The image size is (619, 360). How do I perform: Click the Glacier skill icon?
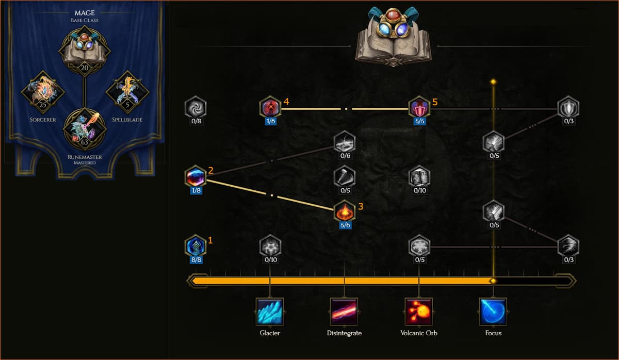coord(270,312)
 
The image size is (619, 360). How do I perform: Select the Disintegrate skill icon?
coord(344,312)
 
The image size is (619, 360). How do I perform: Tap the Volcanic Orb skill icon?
coord(419,312)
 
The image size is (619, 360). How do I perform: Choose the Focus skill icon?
coord(493,312)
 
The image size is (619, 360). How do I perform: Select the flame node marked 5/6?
coord(345,211)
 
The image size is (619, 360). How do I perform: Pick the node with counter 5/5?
coord(419,107)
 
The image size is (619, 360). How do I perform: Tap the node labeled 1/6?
coord(270,107)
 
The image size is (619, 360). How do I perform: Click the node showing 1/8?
coord(196,176)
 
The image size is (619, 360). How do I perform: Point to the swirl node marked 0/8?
coord(196,107)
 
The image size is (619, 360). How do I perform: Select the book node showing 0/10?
coord(419,176)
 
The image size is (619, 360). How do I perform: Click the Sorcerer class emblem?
coord(43,92)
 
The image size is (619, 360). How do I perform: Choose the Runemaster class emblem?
coord(84,128)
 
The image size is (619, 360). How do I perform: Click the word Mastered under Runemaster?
coord(84,162)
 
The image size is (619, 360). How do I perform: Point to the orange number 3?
coord(361,206)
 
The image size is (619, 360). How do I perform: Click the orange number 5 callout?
coord(435,102)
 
